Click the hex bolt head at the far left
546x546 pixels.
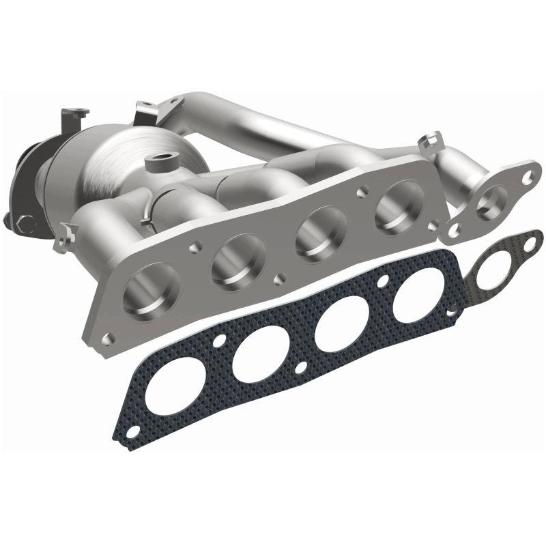coord(26,222)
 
